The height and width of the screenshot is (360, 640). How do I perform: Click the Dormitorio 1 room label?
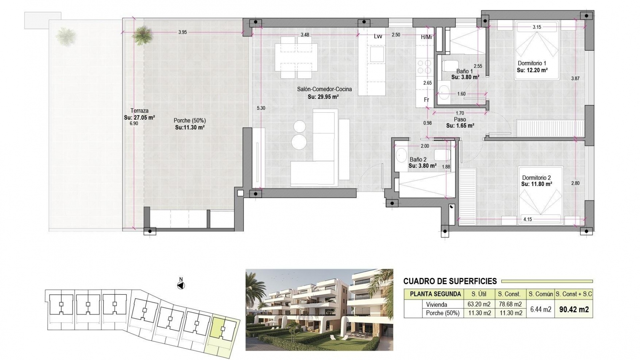pyautogui.click(x=532, y=63)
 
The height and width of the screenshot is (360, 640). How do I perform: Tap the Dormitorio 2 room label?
pyautogui.click(x=536, y=178)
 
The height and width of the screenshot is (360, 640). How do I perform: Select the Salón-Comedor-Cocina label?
pyautogui.click(x=324, y=89)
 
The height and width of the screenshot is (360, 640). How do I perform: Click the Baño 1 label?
pyautogui.click(x=464, y=71)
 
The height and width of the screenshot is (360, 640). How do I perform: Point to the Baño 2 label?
pyautogui.click(x=418, y=160)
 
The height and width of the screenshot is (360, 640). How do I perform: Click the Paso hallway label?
pyautogui.click(x=460, y=119)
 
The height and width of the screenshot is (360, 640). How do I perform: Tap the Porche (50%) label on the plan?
pyautogui.click(x=190, y=121)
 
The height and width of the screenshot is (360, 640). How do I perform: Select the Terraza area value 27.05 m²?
pyautogui.click(x=139, y=117)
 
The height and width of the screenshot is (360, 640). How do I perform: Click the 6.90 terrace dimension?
pyautogui.click(x=134, y=123)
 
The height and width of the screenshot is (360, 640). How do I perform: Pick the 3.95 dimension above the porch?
pyautogui.click(x=182, y=32)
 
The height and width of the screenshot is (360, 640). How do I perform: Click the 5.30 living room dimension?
pyautogui.click(x=261, y=108)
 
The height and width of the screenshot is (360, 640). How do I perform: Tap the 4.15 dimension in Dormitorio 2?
pyautogui.click(x=528, y=219)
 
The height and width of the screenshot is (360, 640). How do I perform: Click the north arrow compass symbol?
pyautogui.click(x=181, y=285)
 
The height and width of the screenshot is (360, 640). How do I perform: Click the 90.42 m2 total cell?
pyautogui.click(x=574, y=309)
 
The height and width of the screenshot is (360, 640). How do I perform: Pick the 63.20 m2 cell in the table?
pyautogui.click(x=479, y=304)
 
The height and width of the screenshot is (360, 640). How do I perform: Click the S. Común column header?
pyautogui.click(x=540, y=294)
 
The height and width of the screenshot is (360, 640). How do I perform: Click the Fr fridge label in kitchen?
pyautogui.click(x=426, y=100)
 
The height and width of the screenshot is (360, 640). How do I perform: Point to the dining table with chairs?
pyautogui.click(x=296, y=58)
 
